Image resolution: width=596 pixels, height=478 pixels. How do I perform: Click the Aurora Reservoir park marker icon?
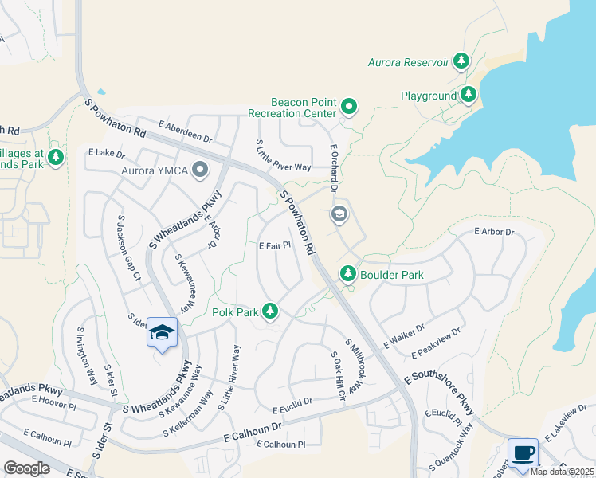[461, 61]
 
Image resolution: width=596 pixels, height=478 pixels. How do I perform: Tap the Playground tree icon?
[469, 96]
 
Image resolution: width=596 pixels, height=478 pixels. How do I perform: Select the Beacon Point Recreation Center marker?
[349, 105]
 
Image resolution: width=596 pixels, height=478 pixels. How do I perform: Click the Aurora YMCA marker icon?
[200, 169]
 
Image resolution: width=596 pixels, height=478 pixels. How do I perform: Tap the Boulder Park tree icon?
[348, 274]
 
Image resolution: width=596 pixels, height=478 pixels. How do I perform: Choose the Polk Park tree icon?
[271, 311]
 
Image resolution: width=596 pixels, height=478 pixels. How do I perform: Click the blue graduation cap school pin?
[162, 333]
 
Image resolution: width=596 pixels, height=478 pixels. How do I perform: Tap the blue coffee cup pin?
[523, 453]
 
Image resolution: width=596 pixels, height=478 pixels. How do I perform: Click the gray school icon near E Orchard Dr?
[339, 213]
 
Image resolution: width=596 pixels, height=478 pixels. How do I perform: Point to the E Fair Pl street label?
[274, 246]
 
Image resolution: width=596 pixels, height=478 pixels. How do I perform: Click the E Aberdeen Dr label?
[185, 131]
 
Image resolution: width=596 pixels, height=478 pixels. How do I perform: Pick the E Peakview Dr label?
[436, 343]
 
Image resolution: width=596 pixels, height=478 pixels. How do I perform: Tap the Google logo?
[26, 468]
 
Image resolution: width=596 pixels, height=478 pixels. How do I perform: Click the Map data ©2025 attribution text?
[562, 472]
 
